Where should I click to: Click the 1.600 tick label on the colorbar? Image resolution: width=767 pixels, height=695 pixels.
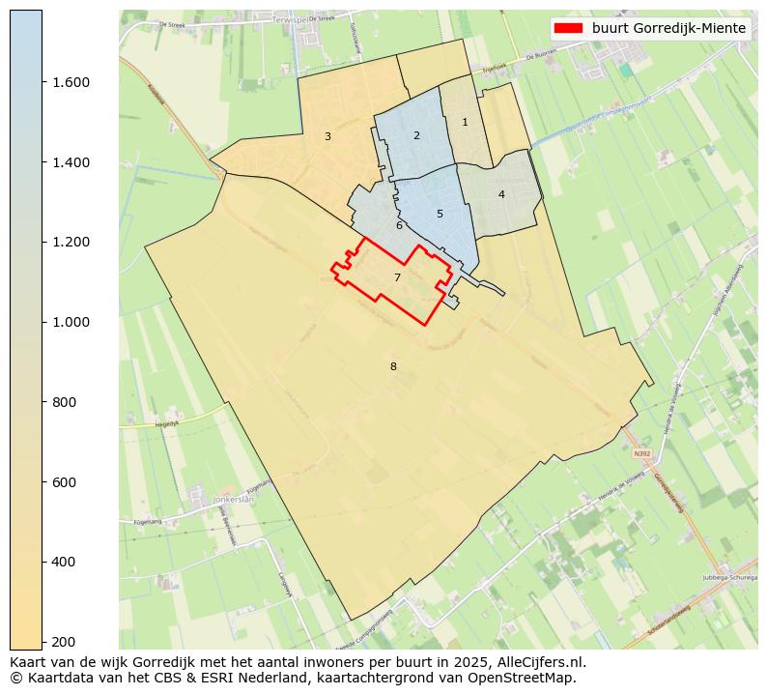(71, 82)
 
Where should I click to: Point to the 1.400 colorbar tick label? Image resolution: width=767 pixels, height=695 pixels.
(71, 162)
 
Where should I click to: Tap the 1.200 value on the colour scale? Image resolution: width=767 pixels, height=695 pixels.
(71, 242)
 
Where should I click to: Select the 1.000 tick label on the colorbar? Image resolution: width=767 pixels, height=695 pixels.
(71, 322)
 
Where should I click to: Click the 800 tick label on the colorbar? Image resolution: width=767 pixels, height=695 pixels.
(66, 402)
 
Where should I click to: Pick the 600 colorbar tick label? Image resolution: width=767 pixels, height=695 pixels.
(66, 482)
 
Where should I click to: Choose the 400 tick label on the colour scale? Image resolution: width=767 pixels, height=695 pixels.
(66, 562)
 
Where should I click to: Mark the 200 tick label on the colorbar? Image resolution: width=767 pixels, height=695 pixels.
(66, 642)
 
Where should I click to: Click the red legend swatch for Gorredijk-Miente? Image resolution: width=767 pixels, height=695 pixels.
(569, 28)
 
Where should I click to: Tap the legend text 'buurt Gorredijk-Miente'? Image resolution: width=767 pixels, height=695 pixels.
(669, 28)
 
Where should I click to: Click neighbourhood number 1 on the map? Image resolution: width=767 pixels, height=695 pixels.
(465, 122)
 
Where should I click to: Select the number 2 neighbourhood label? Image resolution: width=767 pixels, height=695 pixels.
(416, 135)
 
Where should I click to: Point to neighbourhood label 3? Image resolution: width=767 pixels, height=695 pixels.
(327, 136)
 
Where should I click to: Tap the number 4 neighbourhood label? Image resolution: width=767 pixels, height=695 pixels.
(501, 194)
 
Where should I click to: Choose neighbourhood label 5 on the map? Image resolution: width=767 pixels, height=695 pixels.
(440, 214)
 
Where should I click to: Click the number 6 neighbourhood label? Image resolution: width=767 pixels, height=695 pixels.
(399, 226)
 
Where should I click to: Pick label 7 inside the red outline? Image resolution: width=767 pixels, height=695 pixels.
(397, 277)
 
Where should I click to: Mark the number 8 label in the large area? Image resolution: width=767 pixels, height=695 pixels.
(393, 366)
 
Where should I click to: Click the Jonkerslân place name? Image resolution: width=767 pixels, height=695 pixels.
(232, 500)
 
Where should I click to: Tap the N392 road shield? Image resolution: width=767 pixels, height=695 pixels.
(642, 452)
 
